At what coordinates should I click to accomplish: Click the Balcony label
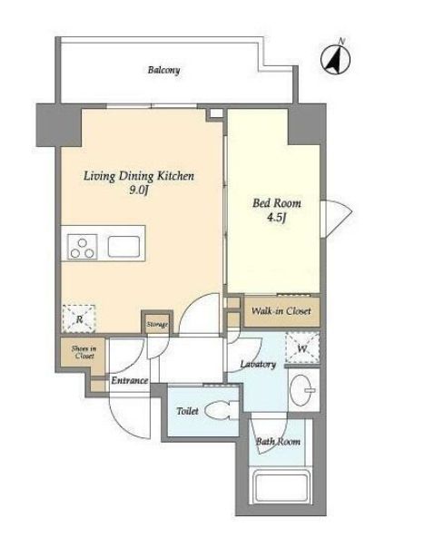pos(163,71)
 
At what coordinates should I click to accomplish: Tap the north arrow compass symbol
pos(335,59)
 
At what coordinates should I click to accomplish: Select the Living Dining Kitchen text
pos(139,176)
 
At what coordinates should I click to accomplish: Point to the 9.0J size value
pos(139,191)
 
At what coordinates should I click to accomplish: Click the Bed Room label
pos(277,203)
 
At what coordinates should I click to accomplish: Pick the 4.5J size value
pos(276,219)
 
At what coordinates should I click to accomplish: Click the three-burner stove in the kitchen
pos(83,247)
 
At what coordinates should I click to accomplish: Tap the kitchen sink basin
pos(123,247)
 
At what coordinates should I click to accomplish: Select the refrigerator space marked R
pos(79,319)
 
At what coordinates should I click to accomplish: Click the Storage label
pos(157,324)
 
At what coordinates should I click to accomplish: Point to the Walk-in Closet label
pos(281,311)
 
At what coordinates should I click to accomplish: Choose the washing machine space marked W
pos(302,347)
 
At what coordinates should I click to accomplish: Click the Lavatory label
pos(258,364)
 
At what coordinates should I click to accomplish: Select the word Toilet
pos(187,411)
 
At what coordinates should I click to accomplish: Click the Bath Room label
pos(278,442)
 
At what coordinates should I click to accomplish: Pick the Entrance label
pos(130,380)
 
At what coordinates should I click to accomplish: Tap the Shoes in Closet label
pos(84,352)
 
